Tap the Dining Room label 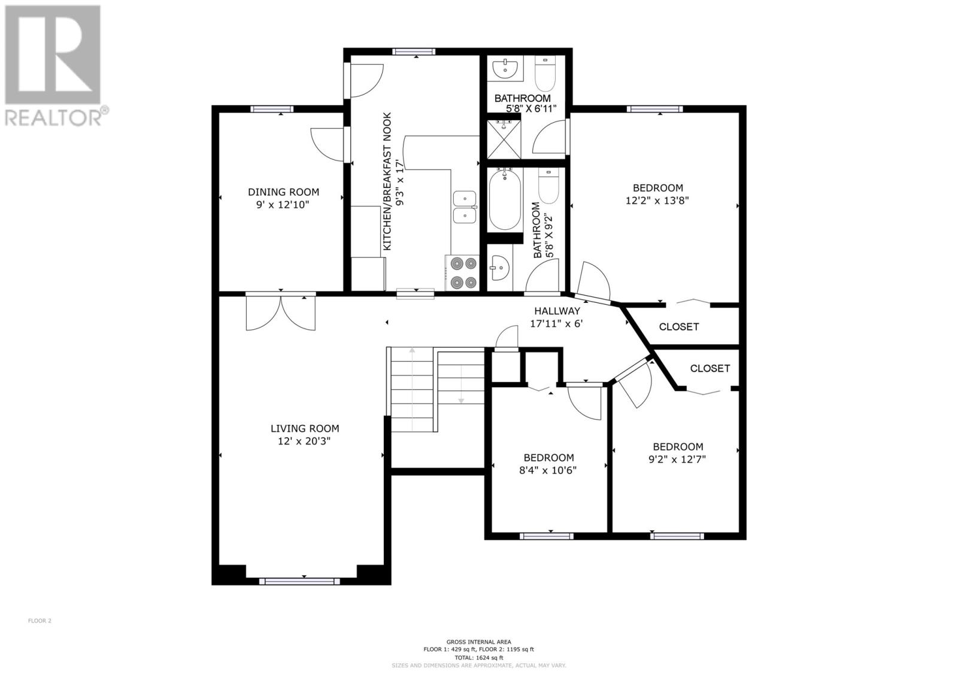click(284, 192)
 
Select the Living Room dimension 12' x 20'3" click(305, 441)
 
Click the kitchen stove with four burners click(462, 273)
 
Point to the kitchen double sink click(465, 208)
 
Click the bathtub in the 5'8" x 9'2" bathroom click(505, 199)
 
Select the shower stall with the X click(504, 139)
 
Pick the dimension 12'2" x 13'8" click(657, 200)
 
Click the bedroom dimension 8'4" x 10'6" click(548, 470)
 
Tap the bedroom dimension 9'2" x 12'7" click(677, 459)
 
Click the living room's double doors click(281, 313)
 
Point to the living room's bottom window click(299, 581)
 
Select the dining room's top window click(272, 109)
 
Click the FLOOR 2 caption click(40, 621)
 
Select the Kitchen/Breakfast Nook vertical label click(393, 181)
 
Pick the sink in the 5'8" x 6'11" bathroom click(505, 69)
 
